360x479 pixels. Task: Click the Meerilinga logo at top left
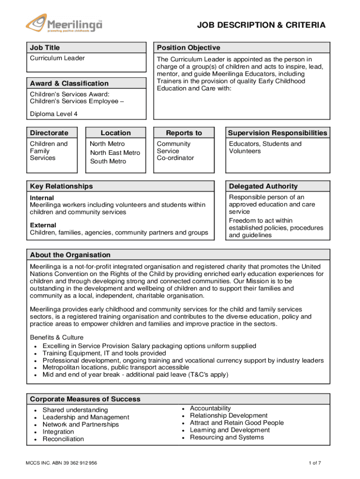[x=64, y=23]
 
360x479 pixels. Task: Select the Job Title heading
[x=45, y=48]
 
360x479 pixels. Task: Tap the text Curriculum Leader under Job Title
[x=58, y=58]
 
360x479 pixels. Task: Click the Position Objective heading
[x=188, y=48]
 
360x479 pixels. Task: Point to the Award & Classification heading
[x=69, y=83]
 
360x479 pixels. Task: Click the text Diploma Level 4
[x=54, y=114]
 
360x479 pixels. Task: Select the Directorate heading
[x=49, y=133]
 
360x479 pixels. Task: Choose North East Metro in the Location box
[x=115, y=152]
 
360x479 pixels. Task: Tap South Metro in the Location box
[x=108, y=161]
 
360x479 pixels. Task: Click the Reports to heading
[x=184, y=133]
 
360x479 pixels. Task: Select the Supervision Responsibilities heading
[x=278, y=133]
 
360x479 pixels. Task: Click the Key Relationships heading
[x=61, y=186]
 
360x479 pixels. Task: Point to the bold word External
[x=43, y=225]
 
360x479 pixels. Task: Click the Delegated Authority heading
[x=263, y=186]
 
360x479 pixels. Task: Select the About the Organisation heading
[x=70, y=255]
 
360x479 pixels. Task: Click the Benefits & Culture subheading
[x=57, y=337]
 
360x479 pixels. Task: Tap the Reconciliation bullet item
[x=63, y=439]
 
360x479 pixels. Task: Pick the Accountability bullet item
[x=210, y=408]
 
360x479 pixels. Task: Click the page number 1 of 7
[x=315, y=463]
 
